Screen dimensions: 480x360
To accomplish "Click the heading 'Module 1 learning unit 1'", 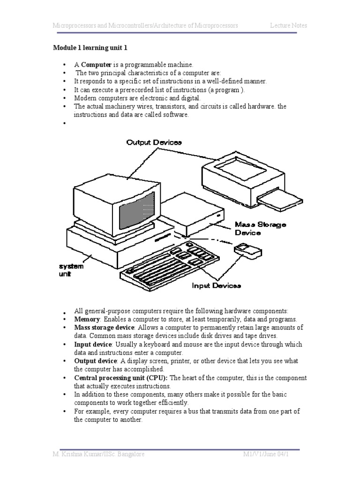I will [x=90, y=48].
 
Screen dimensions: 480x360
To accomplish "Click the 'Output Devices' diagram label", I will [x=154, y=142].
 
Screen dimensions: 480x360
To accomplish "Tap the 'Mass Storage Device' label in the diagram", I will [x=260, y=228].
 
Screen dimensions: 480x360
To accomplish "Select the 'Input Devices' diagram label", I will [x=216, y=285].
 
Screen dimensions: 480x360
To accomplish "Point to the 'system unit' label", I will [x=71, y=270].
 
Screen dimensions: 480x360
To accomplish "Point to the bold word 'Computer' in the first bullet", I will [x=96, y=64].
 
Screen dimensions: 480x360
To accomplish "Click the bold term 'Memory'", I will [x=87, y=319].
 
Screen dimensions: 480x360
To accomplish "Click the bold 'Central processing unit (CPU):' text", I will [x=120, y=378].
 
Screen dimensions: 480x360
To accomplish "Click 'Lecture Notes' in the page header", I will [x=288, y=25].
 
